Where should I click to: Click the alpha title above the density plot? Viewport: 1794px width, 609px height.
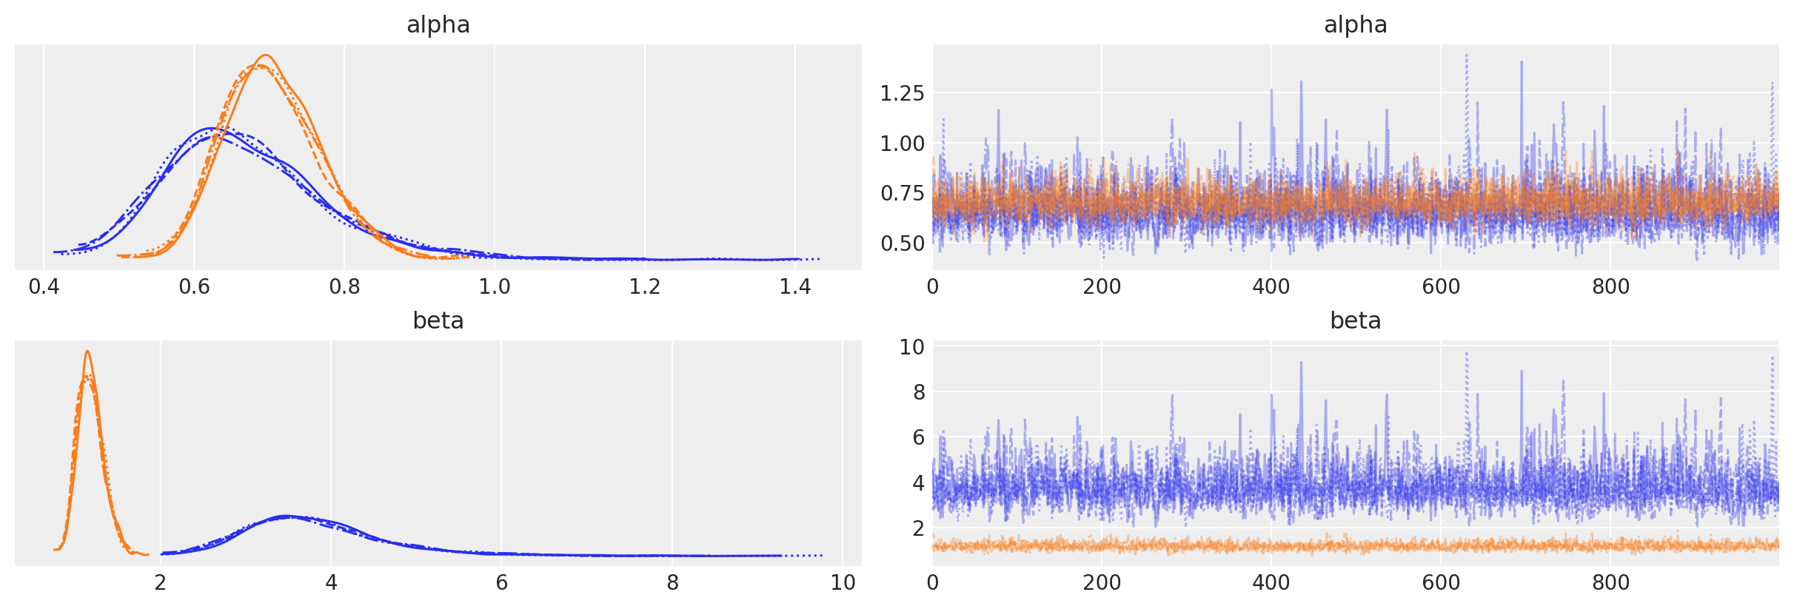coord(438,25)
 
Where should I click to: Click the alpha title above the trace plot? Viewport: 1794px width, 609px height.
coord(1355,25)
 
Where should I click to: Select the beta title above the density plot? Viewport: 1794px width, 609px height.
coord(438,320)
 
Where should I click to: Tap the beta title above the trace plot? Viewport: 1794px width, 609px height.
coord(1355,320)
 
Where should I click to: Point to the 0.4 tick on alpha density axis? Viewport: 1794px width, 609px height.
coord(44,286)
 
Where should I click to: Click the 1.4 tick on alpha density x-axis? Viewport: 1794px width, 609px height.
coord(795,286)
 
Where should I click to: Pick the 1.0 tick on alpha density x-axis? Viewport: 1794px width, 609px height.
coord(495,286)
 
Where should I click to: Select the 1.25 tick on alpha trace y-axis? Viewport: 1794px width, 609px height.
coord(902,93)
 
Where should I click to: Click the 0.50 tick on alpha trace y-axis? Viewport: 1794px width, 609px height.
coord(902,243)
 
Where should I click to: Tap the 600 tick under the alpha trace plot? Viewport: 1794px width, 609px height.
coord(1441,286)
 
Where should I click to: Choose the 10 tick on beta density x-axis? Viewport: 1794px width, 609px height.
coord(843,582)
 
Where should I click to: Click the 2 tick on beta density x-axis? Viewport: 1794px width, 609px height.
coord(161,582)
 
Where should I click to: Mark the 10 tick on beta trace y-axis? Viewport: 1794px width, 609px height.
coord(911,346)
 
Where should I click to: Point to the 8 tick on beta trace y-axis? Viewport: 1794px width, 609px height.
coord(918,392)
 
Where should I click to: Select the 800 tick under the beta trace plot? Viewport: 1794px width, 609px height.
coord(1610,582)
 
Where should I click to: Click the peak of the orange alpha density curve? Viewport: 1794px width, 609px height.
coord(266,55)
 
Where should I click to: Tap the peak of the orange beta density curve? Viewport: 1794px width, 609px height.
coord(87,351)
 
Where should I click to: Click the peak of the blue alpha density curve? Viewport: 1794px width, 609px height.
coord(210,129)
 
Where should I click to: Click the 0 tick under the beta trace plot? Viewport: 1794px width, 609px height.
coord(933,582)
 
